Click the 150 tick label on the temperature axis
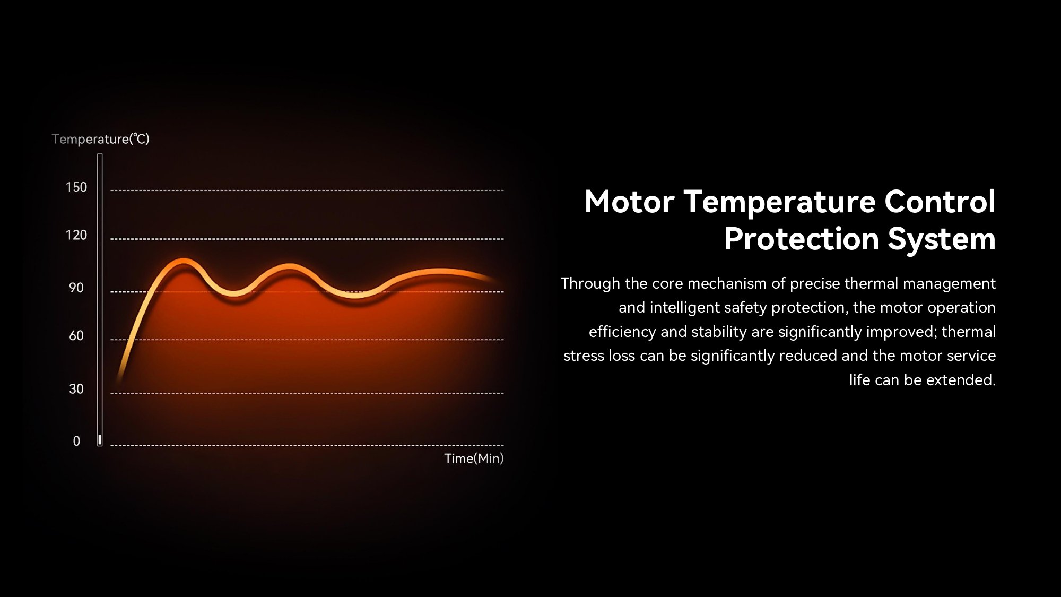(76, 187)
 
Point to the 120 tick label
(76, 235)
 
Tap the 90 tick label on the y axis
(76, 288)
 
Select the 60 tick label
(76, 336)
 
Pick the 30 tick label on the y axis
(76, 389)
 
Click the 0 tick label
(76, 442)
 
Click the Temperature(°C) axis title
(101, 139)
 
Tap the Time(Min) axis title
(474, 458)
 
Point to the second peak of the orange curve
(289, 266)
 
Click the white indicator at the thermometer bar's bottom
(100, 439)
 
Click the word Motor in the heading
(629, 202)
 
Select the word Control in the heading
(940, 202)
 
